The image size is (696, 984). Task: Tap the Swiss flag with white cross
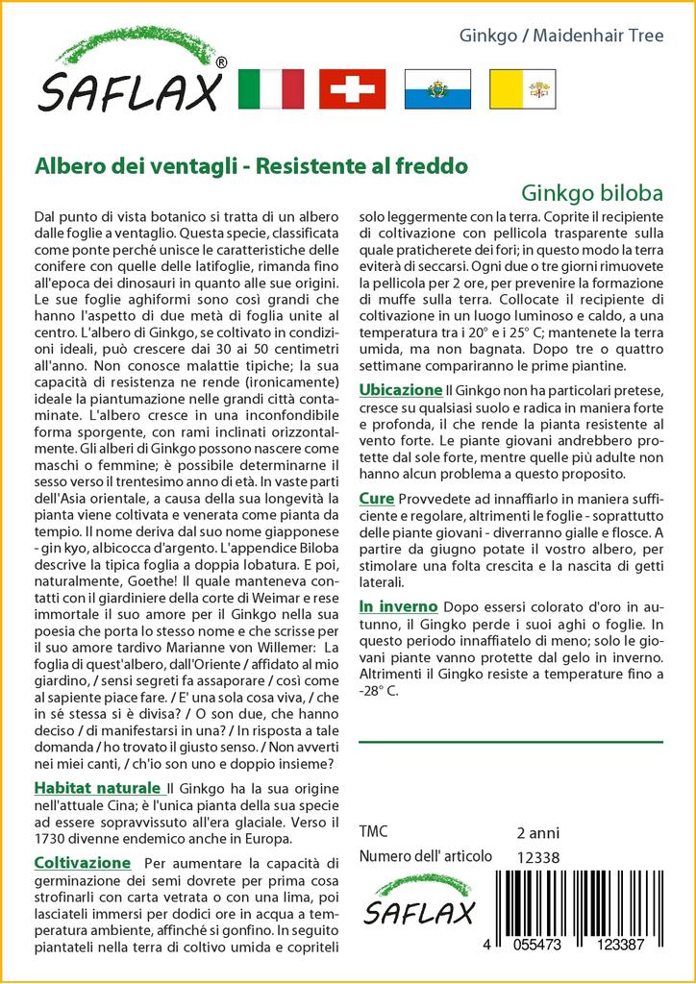point(353,88)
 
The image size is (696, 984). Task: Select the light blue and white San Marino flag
point(437,88)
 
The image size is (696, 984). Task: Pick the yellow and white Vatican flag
point(522,88)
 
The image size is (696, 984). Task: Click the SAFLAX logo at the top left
point(130,75)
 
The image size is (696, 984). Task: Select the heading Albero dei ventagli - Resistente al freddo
point(251,164)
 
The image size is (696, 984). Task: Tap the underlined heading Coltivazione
point(82,862)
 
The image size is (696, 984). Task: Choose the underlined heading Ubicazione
point(400,390)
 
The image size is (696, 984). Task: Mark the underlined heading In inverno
point(398,606)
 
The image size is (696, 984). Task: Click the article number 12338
point(537,857)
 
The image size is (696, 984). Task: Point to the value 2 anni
point(537,832)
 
